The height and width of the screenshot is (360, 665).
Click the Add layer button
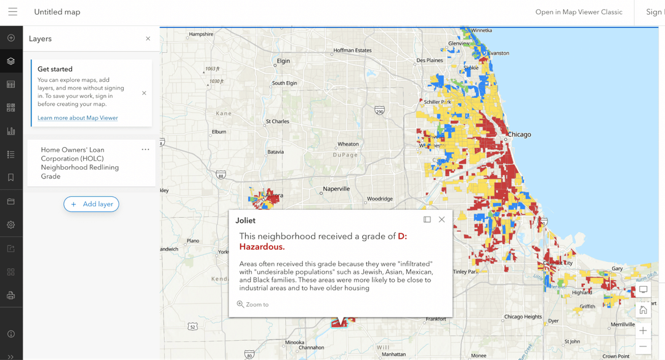(x=91, y=204)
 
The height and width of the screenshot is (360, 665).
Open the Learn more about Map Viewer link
(x=78, y=118)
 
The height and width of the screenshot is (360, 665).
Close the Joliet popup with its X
(x=441, y=220)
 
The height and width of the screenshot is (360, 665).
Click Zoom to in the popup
(x=253, y=305)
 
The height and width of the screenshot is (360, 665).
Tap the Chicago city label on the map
(x=519, y=134)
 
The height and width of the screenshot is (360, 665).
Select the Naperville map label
(x=336, y=189)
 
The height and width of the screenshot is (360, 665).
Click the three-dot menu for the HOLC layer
(x=145, y=150)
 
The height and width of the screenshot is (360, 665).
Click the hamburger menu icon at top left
(x=12, y=12)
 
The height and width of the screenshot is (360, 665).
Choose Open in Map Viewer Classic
(x=578, y=12)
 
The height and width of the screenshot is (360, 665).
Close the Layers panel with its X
(x=148, y=39)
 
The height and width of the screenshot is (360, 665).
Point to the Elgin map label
(x=283, y=61)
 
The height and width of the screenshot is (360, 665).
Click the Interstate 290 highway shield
(x=379, y=111)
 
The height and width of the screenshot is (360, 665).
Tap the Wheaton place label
(x=348, y=144)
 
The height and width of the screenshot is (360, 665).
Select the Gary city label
(x=617, y=269)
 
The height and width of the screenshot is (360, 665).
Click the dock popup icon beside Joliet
(x=427, y=220)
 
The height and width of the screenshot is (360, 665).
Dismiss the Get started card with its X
(x=144, y=93)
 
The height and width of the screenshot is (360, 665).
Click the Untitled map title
(x=57, y=12)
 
